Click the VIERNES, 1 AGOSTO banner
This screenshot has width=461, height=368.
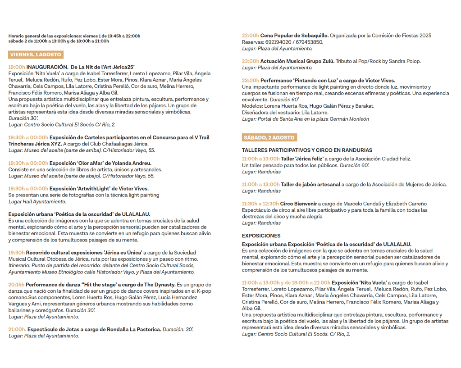(x=36, y=55)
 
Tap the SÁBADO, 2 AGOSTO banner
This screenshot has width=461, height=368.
(x=269, y=137)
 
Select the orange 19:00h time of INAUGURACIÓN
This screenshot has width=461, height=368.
(x=17, y=67)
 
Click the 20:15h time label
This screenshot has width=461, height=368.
(x=17, y=285)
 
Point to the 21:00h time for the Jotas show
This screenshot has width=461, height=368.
(x=17, y=329)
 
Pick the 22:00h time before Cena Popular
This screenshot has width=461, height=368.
(x=250, y=35)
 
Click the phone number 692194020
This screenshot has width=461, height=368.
(x=276, y=42)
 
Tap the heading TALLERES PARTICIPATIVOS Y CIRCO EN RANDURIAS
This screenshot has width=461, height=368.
(x=307, y=150)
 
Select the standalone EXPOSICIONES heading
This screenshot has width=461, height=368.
(x=261, y=236)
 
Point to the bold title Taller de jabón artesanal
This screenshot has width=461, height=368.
(x=310, y=184)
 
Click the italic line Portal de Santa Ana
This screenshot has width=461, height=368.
(x=305, y=119)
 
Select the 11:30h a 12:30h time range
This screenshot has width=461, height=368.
(x=260, y=204)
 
